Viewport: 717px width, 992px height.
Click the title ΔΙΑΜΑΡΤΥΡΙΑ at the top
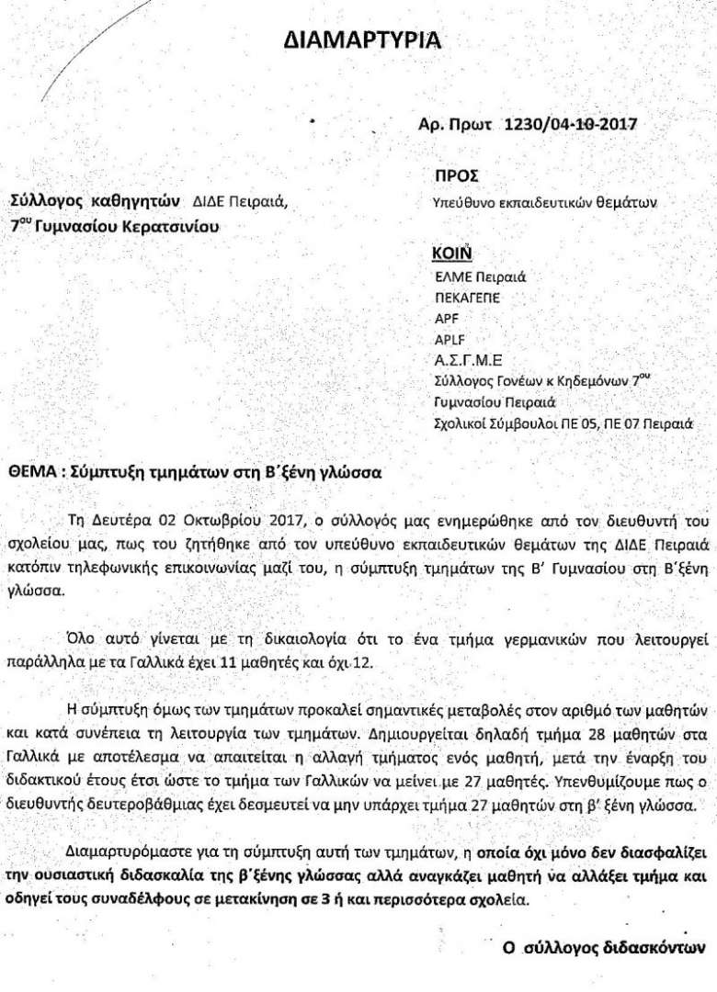tap(361, 39)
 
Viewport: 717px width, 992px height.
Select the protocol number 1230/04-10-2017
tap(570, 125)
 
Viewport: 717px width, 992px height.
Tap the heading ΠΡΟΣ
tap(455, 175)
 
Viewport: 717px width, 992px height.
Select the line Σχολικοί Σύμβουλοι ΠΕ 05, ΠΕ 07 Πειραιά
tap(562, 423)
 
